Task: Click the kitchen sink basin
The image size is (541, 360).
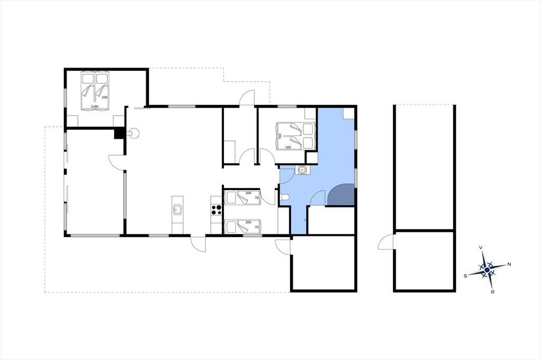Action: [x=178, y=210]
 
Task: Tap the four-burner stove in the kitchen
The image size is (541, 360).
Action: [x=216, y=210]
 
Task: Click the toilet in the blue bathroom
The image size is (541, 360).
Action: [x=285, y=197]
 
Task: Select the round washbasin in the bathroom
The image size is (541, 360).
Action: [x=302, y=170]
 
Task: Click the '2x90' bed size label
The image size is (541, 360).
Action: [x=95, y=107]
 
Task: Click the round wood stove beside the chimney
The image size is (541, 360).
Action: [x=134, y=133]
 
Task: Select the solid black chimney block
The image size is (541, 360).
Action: [x=119, y=133]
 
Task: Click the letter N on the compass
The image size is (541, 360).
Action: [x=509, y=264]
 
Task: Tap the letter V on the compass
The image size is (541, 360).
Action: [x=481, y=248]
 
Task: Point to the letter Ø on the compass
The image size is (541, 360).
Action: [x=492, y=292]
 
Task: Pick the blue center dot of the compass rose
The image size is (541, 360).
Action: [x=487, y=270]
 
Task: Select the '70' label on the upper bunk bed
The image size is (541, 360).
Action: [x=257, y=198]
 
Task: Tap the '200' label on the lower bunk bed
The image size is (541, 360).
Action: [x=248, y=222]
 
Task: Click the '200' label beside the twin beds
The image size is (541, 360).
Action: [x=105, y=98]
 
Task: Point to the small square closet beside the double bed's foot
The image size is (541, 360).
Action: [x=312, y=158]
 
